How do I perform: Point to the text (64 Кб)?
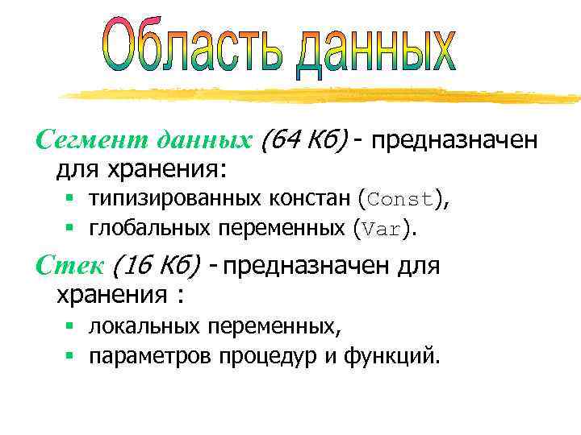pyautogui.click(x=303, y=141)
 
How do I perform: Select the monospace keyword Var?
pyautogui.click(x=382, y=229)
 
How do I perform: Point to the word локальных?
pyautogui.click(x=144, y=326)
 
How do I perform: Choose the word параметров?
pyautogui.click(x=151, y=356)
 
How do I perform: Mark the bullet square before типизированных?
pyautogui.click(x=70, y=197)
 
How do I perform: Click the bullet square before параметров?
pyautogui.click(x=70, y=355)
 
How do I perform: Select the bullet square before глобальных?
pyautogui.click(x=70, y=228)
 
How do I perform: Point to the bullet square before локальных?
pyautogui.click(x=70, y=325)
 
